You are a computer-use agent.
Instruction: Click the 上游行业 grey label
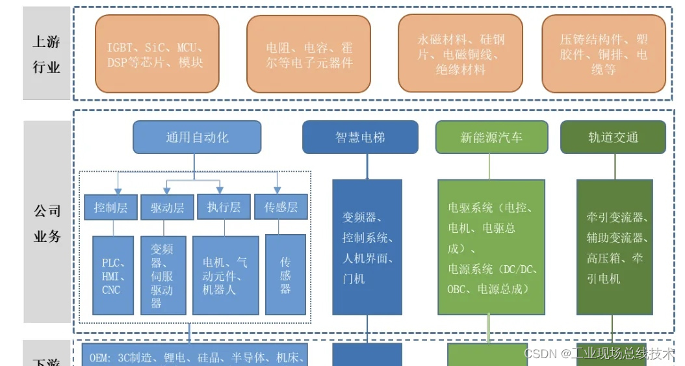point(46,53)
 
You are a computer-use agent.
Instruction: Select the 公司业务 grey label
point(46,222)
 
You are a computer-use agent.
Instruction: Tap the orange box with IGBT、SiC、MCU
point(157,55)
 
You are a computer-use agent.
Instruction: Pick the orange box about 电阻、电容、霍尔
point(308,55)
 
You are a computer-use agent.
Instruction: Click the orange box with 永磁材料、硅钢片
point(460,55)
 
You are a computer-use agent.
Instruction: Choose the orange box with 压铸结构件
point(604,55)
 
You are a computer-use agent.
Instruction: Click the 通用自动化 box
point(197,137)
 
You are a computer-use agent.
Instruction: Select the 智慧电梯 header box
point(360,137)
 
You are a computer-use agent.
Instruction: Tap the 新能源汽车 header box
point(491,137)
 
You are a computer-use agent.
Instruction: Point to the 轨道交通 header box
point(613,137)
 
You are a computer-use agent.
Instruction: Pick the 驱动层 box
point(167,207)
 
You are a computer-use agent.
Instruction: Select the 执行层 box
point(224,207)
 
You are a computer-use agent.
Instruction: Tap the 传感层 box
point(281,207)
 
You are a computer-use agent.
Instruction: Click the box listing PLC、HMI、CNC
point(113,275)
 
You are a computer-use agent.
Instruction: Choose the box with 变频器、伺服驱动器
point(163,275)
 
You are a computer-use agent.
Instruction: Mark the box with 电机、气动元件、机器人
point(225,275)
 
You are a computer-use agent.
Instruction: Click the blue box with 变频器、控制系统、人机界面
point(367,248)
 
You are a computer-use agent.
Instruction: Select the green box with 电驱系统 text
point(491,248)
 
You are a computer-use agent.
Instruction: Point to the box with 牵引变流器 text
point(614,248)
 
